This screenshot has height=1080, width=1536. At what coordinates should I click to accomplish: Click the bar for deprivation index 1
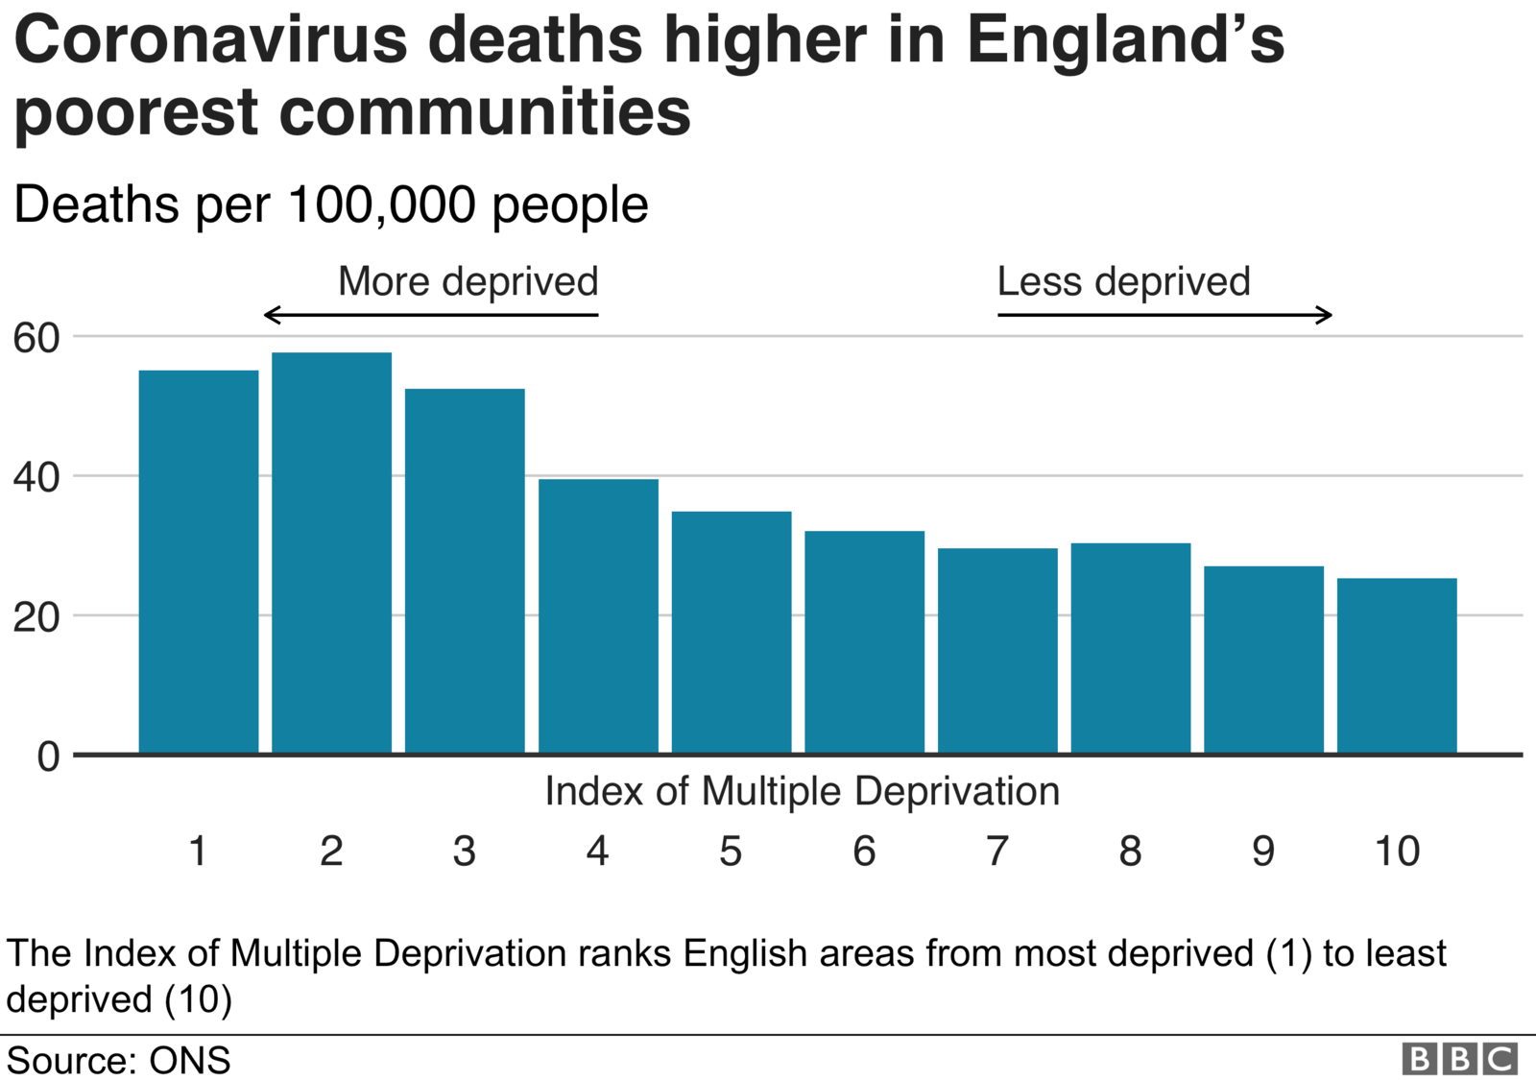(x=199, y=562)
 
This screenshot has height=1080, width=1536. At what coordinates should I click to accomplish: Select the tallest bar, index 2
(x=331, y=552)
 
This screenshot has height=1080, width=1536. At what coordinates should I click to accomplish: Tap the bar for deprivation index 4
(x=598, y=615)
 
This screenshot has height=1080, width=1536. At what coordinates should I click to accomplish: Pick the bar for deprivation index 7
(x=997, y=650)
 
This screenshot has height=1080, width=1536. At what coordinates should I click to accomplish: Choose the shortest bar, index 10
(x=1397, y=665)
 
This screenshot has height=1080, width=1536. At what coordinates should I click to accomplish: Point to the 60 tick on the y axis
(x=36, y=338)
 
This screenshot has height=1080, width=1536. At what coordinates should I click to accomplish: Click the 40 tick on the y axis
(x=36, y=477)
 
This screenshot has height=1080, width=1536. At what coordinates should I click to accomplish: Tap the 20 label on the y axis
(x=36, y=617)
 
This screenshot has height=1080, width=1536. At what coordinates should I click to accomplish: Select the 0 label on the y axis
(x=48, y=757)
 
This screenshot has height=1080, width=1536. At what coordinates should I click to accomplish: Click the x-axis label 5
(x=731, y=852)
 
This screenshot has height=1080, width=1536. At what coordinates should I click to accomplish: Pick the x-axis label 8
(x=1130, y=852)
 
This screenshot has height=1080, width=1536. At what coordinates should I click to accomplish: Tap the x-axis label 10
(x=1397, y=852)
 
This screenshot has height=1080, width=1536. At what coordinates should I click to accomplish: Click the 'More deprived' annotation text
(x=468, y=282)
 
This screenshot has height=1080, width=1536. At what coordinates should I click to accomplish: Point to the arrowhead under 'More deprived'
(x=272, y=315)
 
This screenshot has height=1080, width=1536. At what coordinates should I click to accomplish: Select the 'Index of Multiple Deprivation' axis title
(x=803, y=792)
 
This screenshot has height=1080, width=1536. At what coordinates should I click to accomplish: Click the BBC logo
(x=1459, y=1059)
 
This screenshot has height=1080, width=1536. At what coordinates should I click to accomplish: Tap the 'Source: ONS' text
(x=119, y=1061)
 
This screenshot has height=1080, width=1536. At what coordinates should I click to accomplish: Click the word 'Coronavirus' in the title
(x=211, y=40)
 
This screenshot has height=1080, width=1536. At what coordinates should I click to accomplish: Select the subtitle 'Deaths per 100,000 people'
(x=331, y=204)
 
